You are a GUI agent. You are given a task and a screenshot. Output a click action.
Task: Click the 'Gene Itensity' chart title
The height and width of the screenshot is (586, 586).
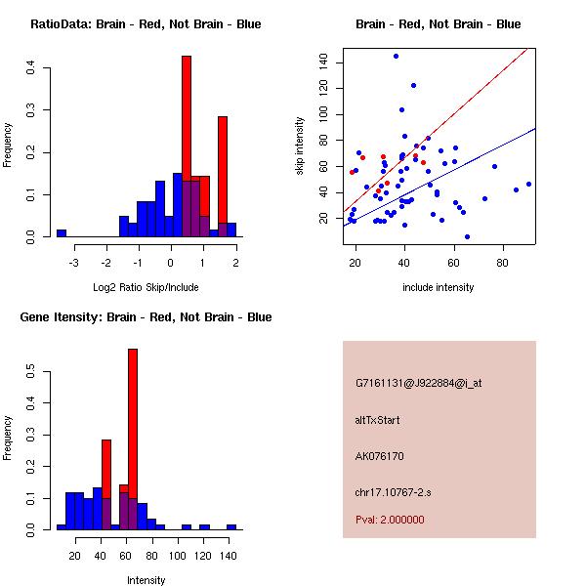point(146,317)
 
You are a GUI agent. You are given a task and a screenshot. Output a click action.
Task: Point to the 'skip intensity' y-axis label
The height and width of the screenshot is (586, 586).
point(301,146)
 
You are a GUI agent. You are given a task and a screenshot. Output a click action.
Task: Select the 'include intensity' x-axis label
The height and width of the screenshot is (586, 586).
point(439,288)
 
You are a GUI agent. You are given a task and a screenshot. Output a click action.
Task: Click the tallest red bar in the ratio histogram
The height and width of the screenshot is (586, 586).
point(186,146)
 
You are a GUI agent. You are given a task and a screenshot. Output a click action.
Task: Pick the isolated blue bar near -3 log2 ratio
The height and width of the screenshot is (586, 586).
point(62,233)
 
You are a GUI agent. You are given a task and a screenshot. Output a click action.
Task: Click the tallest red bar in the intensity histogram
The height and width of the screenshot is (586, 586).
point(133,439)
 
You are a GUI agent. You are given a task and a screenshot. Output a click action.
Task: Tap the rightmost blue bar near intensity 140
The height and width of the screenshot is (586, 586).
point(231,526)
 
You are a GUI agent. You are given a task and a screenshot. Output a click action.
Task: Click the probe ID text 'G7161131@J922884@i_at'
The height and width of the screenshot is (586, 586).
point(419,383)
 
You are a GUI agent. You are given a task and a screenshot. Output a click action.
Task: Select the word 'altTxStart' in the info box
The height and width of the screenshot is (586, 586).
point(378,420)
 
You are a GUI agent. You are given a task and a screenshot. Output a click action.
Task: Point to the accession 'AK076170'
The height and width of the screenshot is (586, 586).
point(380,456)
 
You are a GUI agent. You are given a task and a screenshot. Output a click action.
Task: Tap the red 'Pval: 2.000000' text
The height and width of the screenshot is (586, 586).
point(390,520)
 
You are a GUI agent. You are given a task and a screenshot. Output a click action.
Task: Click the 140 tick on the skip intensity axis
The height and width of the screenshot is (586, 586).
point(323,63)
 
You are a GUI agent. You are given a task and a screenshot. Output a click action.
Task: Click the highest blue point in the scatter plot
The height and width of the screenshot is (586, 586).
point(396,56)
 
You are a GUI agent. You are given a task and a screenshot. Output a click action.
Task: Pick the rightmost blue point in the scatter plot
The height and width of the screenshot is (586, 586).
point(528,184)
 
